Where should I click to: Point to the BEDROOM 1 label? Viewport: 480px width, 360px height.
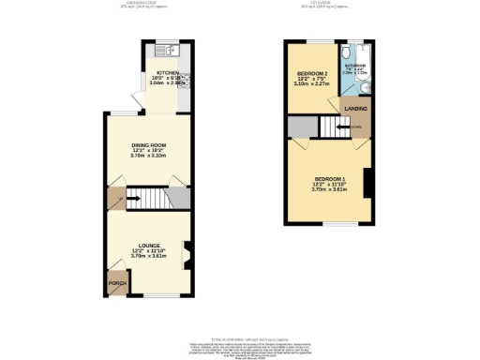click(x=331, y=178)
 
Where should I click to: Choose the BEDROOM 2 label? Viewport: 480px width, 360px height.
click(x=312, y=73)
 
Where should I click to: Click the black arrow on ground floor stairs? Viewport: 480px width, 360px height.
click(x=131, y=199)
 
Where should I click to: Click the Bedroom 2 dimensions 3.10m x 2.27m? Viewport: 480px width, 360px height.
click(x=312, y=84)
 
